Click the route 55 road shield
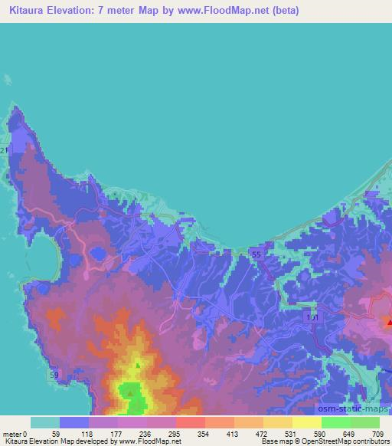(256, 254)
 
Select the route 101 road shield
(311, 316)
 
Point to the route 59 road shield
(54, 375)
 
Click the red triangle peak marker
(389, 323)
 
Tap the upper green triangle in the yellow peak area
(138, 366)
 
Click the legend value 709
(376, 433)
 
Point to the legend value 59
(56, 433)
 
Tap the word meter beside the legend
(13, 433)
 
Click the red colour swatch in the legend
(190, 422)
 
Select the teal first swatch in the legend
(44, 422)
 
